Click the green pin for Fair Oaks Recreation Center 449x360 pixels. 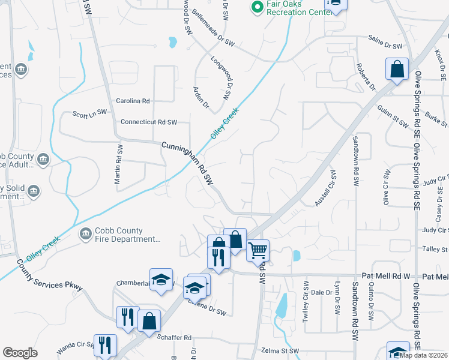(x=258, y=8)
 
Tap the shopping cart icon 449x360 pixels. (x=258, y=250)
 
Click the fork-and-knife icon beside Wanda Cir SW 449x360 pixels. (x=105, y=345)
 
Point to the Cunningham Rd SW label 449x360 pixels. (x=188, y=163)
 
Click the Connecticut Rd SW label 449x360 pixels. (x=149, y=122)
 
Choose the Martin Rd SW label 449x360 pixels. (x=119, y=164)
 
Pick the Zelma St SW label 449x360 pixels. (x=277, y=350)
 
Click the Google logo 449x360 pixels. (x=20, y=353)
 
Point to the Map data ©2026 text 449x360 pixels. (x=424, y=355)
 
